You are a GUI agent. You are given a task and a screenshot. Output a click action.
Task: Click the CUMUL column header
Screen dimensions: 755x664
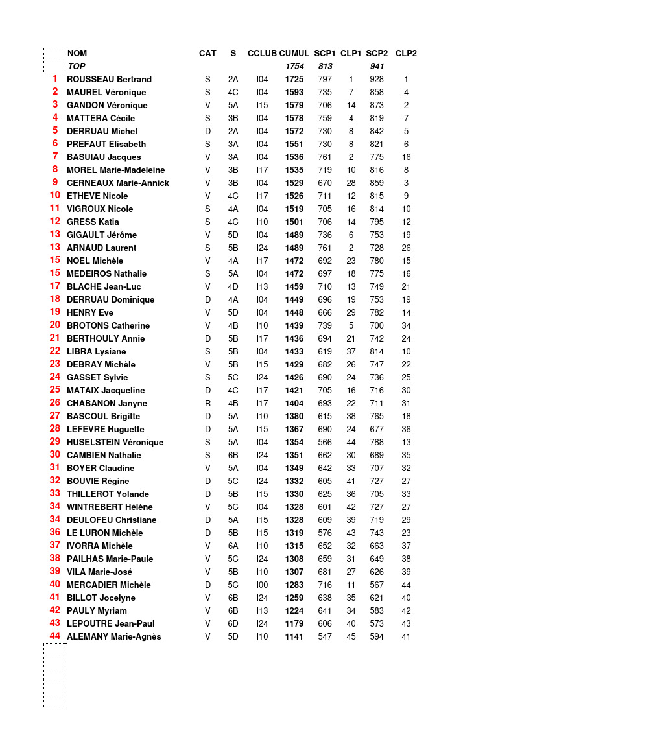(x=294, y=53)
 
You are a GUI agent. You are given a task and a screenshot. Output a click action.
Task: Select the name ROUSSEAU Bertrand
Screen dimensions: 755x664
(x=109, y=79)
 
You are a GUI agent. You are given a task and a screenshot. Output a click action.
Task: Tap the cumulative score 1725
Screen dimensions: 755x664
(x=294, y=79)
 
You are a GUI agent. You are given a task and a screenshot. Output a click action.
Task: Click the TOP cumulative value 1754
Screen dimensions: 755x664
(x=294, y=66)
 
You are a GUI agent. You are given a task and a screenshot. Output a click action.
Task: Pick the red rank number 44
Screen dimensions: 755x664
(x=54, y=636)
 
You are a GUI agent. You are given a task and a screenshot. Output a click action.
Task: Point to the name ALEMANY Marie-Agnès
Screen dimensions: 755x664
(x=113, y=636)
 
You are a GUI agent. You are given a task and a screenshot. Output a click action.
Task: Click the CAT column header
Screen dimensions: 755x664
(x=207, y=53)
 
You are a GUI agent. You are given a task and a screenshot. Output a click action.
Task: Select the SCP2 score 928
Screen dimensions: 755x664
(x=376, y=79)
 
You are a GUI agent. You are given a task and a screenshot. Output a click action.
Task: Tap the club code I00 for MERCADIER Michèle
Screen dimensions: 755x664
(x=262, y=585)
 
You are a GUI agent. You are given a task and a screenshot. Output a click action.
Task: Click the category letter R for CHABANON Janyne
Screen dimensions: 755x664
(x=207, y=403)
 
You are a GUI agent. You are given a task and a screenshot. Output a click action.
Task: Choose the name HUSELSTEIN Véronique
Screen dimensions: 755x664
(x=115, y=442)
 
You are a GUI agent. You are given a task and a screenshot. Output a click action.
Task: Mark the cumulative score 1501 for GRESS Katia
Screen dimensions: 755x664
(x=294, y=222)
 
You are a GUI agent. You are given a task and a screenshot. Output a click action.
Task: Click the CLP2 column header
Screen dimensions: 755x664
(x=406, y=53)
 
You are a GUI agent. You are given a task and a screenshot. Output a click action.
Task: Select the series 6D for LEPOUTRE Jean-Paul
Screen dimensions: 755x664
(x=233, y=623)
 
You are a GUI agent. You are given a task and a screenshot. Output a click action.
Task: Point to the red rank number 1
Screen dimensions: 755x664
(x=54, y=78)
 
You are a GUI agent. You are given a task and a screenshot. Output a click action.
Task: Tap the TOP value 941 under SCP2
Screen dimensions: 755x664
(x=377, y=66)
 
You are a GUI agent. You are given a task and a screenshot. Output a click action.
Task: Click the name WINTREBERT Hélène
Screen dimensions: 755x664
(x=110, y=507)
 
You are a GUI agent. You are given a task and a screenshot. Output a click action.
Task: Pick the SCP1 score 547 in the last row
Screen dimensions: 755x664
(x=325, y=636)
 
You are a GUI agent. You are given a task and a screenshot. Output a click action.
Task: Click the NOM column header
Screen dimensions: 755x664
(x=77, y=53)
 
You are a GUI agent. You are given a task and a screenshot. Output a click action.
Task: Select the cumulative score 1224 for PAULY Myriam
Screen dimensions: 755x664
(x=294, y=610)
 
